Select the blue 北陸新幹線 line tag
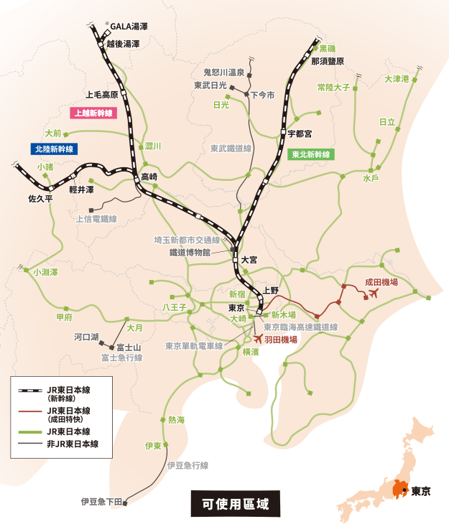(53, 149)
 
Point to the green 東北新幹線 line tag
(310, 154)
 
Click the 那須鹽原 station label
(328, 61)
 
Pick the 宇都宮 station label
(300, 134)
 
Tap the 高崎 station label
(149, 176)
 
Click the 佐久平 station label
(40, 197)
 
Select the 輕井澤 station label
(81, 190)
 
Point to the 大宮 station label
(249, 260)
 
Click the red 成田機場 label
(381, 282)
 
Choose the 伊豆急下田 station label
(101, 501)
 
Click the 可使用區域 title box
(235, 503)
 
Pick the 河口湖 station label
(85, 336)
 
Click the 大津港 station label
(397, 79)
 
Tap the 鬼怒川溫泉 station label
(223, 72)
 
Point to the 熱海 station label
(176, 419)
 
